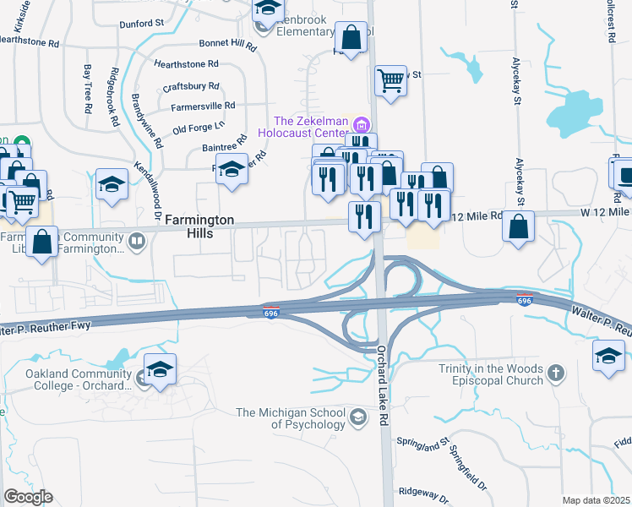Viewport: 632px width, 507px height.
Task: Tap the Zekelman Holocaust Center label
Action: point(309,127)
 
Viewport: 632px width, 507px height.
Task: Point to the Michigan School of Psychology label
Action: point(291,418)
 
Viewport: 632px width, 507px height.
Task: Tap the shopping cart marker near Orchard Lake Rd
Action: point(390,82)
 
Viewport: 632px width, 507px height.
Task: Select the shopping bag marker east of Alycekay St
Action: point(519,226)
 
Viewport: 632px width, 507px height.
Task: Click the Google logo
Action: point(28,497)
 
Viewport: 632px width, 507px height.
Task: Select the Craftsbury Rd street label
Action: point(191,86)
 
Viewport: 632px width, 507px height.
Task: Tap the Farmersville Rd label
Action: point(203,106)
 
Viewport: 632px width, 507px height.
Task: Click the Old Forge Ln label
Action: point(199,127)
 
